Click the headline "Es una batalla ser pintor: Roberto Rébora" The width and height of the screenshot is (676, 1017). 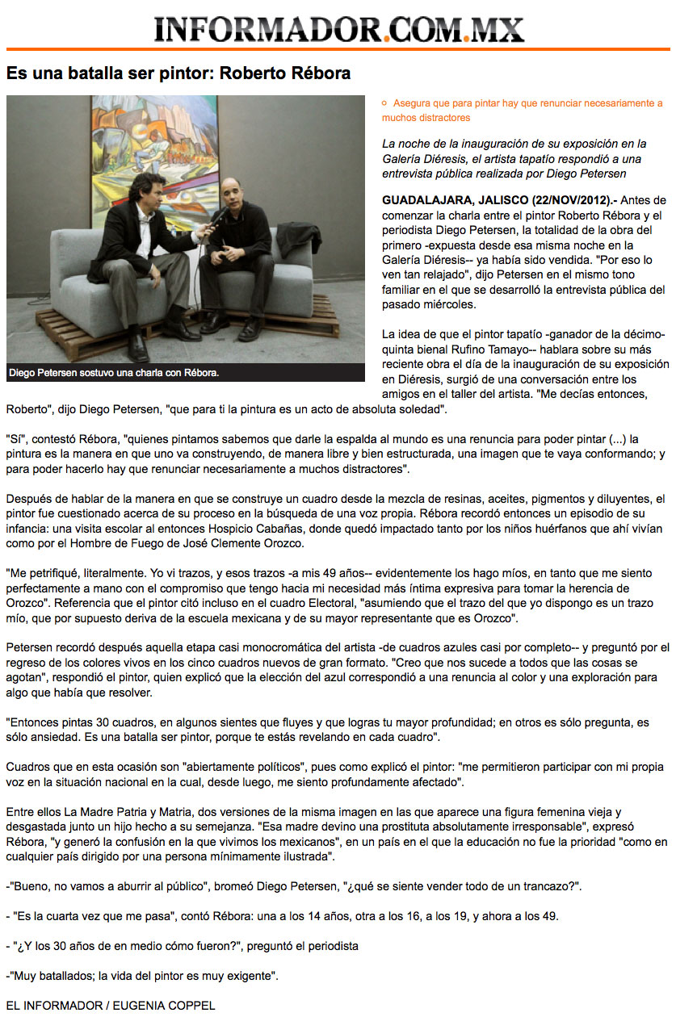pyautogui.click(x=178, y=73)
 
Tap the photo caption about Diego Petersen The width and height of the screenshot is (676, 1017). pyautogui.click(x=114, y=373)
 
